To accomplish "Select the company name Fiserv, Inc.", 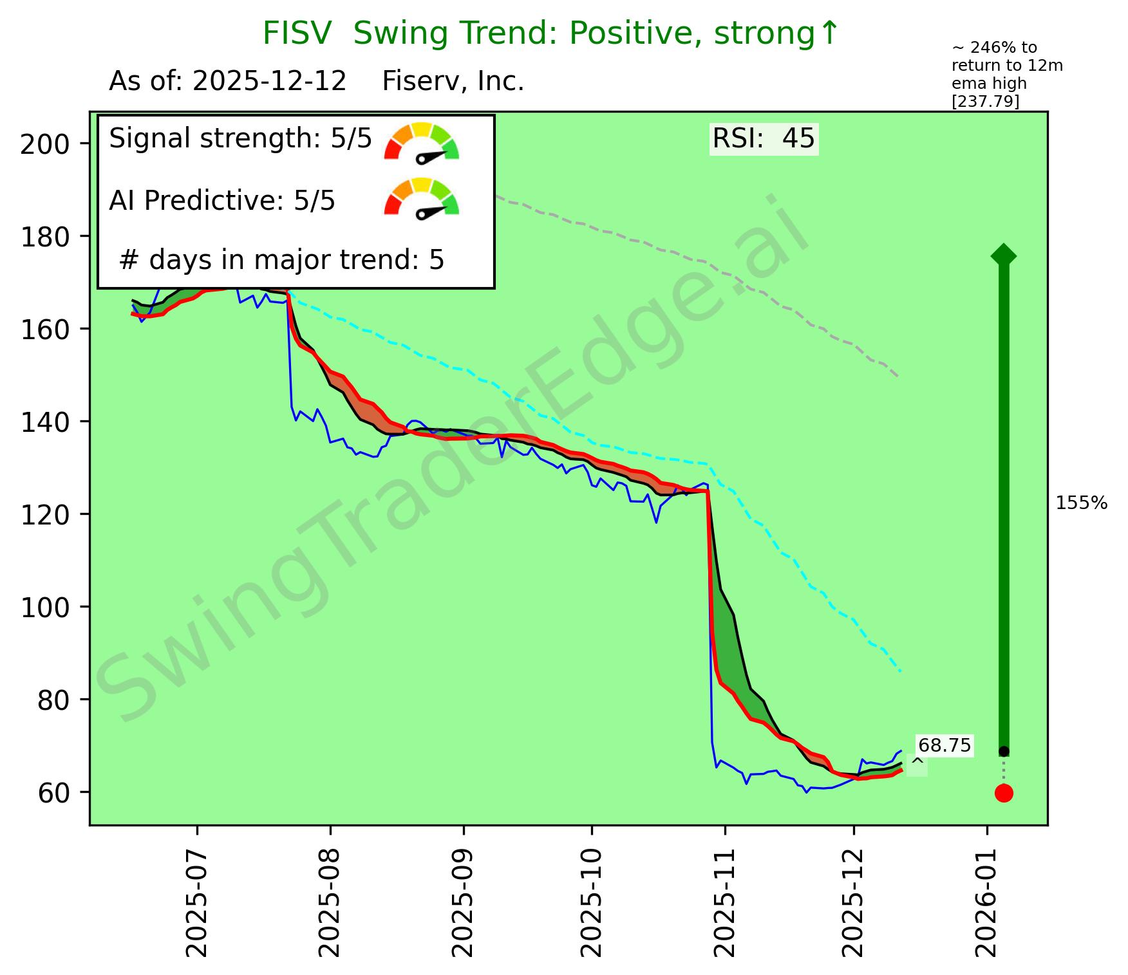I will tap(453, 82).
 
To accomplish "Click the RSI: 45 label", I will tap(764, 138).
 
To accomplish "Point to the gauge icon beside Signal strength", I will tap(422, 141).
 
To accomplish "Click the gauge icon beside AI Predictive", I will tap(422, 197).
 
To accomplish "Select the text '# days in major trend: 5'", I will tap(282, 261).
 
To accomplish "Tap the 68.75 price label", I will tap(944, 745).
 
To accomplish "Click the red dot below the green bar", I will tap(1004, 793).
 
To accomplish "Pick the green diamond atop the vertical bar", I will tap(1004, 255).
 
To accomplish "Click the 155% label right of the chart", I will tap(1082, 503).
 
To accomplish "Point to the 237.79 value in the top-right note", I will tap(985, 102).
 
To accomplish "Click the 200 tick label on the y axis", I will tap(44, 144).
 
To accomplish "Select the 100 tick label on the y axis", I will tap(44, 608).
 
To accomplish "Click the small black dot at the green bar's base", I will tap(1004, 752).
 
